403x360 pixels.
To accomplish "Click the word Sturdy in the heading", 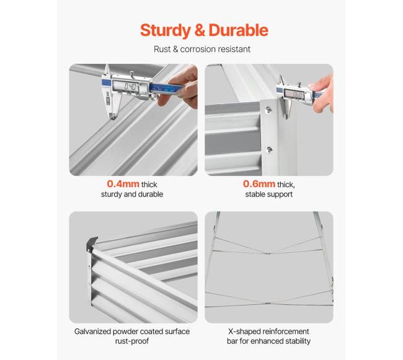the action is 165,30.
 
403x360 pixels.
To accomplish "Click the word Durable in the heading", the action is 238,30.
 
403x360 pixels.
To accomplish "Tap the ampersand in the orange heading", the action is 200,30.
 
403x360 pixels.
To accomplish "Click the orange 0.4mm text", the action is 123,184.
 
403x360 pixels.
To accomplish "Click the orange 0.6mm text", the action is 259,184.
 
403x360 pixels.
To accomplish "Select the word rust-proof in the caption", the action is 132,341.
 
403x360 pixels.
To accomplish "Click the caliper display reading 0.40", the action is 130,87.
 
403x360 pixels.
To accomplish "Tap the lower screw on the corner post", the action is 269,149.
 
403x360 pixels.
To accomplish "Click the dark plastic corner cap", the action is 92,244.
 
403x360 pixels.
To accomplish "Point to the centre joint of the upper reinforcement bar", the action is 268,253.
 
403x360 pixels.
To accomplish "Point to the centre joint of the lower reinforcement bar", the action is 267,303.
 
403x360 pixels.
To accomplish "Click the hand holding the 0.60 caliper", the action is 322,93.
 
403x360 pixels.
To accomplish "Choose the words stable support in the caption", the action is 269,195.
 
